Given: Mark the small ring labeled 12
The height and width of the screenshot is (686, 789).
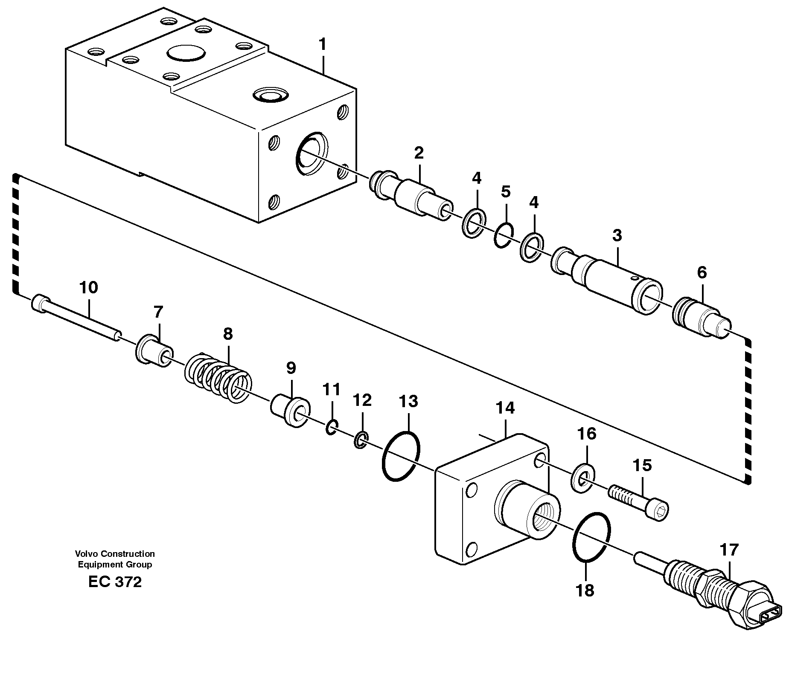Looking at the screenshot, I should (361, 440).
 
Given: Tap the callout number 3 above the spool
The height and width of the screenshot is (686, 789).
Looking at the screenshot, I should (617, 236).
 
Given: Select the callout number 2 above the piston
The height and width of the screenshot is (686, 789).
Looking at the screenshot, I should (418, 153).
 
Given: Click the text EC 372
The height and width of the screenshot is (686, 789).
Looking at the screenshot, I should (115, 582).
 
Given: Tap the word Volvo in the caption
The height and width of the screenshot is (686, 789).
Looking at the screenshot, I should (84, 554).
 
